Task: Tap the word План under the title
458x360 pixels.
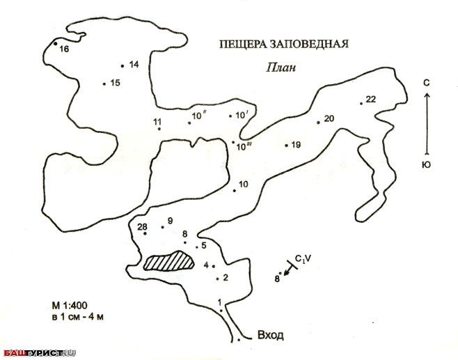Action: click(x=281, y=68)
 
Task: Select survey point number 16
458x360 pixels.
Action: click(x=64, y=49)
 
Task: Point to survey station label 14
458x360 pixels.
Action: click(x=134, y=65)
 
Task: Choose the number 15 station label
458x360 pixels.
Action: click(x=115, y=83)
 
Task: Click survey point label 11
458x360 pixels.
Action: click(x=157, y=123)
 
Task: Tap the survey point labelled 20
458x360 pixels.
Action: click(x=329, y=118)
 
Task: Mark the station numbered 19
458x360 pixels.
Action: click(x=296, y=145)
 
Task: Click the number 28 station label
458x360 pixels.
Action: click(x=143, y=227)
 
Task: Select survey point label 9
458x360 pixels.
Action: click(x=169, y=221)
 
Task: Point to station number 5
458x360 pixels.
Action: click(x=204, y=245)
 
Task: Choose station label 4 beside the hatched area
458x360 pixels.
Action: click(x=206, y=265)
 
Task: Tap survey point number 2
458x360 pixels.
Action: click(x=225, y=277)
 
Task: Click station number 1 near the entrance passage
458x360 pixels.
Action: click(x=220, y=302)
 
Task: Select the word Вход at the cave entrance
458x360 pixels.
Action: click(x=270, y=335)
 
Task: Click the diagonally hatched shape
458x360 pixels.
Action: click(x=168, y=260)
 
